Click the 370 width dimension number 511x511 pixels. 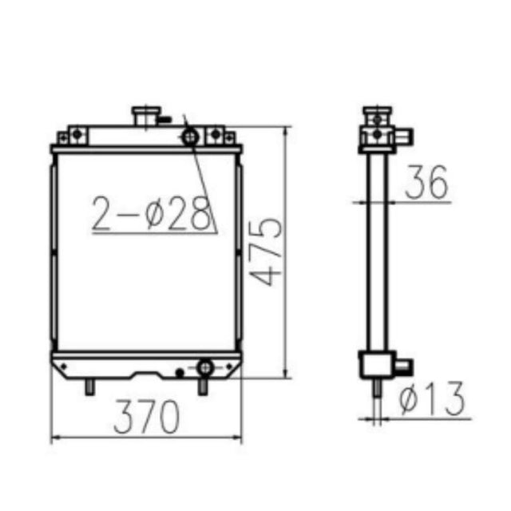[145, 417]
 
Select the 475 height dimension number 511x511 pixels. [265, 250]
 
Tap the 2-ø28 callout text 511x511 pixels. [152, 213]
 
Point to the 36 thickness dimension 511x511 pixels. [426, 183]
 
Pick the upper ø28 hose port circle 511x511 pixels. [191, 137]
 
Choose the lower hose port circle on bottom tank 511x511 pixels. [205, 367]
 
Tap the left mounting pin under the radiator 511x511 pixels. [89, 384]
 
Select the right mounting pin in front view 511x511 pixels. [203, 385]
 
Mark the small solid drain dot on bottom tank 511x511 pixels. [180, 372]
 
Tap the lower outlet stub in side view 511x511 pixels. [403, 366]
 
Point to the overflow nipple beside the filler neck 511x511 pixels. [164, 121]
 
